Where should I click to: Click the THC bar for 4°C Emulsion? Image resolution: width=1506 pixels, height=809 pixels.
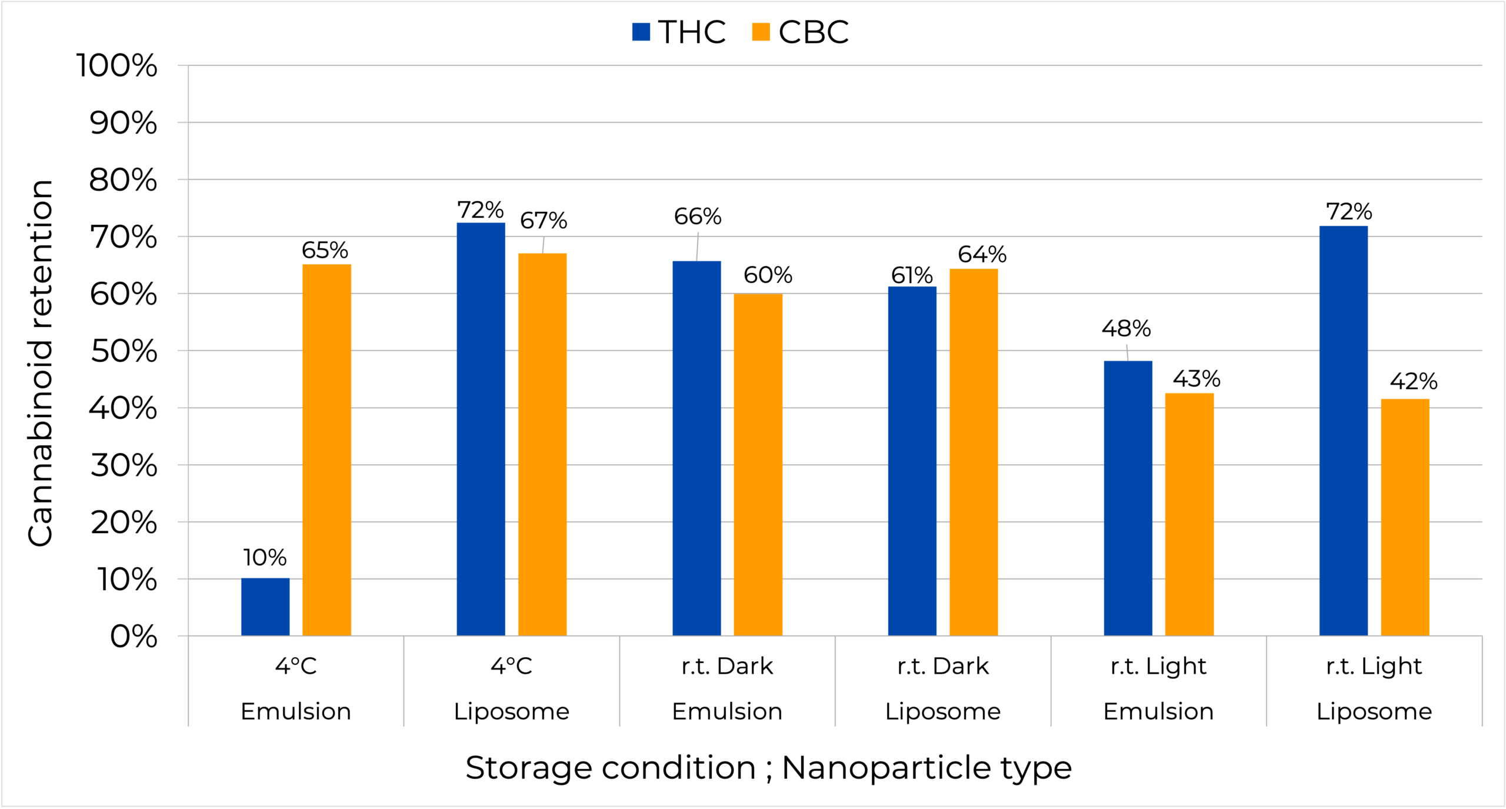265,607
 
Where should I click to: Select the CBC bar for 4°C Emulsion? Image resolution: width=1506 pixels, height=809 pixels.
326,450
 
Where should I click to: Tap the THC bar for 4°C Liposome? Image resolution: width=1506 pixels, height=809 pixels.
481,429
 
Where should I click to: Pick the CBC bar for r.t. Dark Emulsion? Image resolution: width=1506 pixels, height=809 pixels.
758,464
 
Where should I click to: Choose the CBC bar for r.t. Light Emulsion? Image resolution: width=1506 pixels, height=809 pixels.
1189,514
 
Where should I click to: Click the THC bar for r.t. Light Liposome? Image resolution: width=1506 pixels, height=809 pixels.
1343,431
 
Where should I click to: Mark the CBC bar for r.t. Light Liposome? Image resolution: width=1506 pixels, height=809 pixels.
1405,517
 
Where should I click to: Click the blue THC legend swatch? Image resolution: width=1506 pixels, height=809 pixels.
641,32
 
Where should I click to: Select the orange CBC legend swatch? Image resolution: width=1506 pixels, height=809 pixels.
761,32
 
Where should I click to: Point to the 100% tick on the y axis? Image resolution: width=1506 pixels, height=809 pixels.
117,65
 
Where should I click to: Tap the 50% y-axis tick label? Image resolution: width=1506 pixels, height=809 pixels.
124,351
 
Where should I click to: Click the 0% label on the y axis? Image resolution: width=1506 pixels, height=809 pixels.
134,637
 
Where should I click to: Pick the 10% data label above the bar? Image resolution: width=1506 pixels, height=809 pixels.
265,557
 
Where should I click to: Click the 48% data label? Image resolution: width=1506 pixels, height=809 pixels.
1126,328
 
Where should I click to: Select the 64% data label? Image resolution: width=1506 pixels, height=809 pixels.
982,254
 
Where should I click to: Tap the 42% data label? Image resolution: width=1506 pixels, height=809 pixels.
1413,381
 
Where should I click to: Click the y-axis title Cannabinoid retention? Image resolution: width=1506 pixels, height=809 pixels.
41,363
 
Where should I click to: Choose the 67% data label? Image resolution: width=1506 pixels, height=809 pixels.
543,221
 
